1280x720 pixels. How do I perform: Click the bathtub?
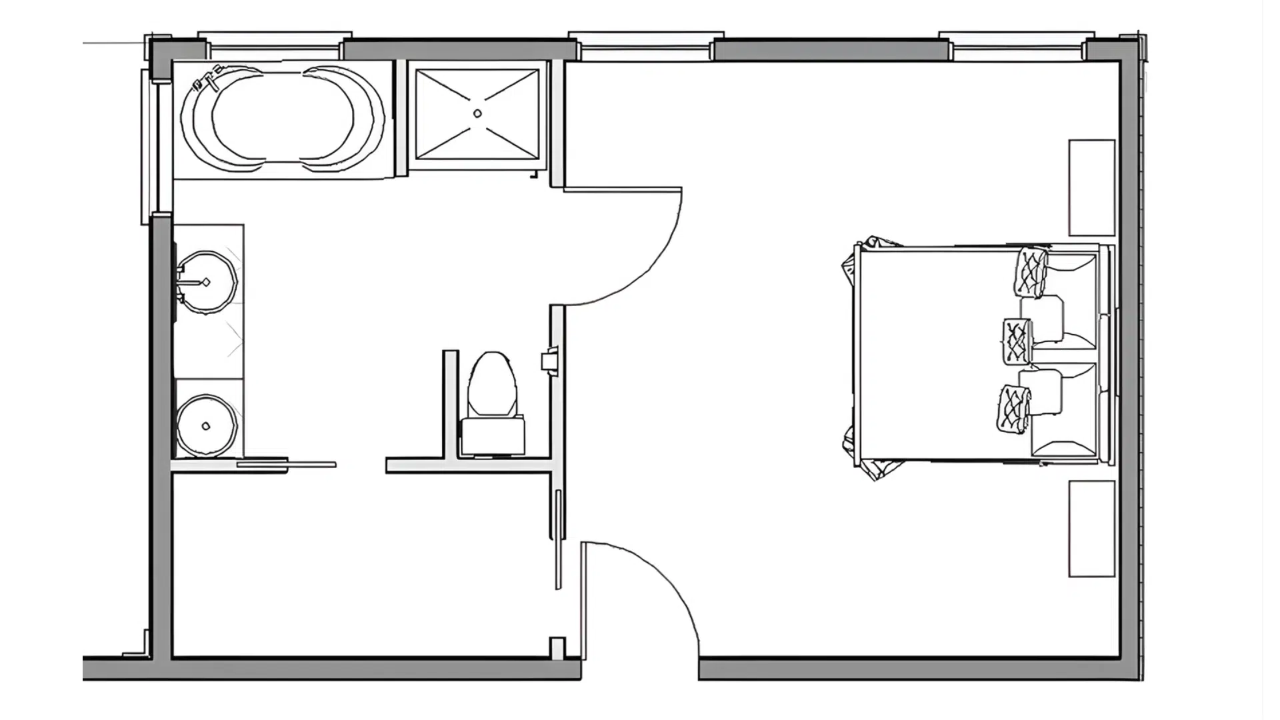click(x=283, y=118)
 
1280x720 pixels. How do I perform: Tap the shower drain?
click(x=477, y=114)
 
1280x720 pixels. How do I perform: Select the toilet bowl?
click(x=493, y=384)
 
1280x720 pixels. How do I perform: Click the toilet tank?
click(x=493, y=435)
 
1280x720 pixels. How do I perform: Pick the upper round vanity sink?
click(x=207, y=282)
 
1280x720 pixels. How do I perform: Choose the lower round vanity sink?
click(x=206, y=426)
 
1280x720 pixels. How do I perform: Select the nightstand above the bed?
click(x=1091, y=187)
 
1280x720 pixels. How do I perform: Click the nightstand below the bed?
click(x=1091, y=529)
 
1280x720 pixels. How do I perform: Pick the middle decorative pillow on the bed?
click(x=1017, y=341)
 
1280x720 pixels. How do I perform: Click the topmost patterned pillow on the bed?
click(x=1031, y=272)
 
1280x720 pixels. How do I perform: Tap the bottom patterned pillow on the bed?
click(x=1014, y=408)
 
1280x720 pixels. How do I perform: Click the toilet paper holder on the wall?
click(x=549, y=361)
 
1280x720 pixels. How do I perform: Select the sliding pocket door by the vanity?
click(x=287, y=465)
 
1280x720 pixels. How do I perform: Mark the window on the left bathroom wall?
click(x=149, y=147)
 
